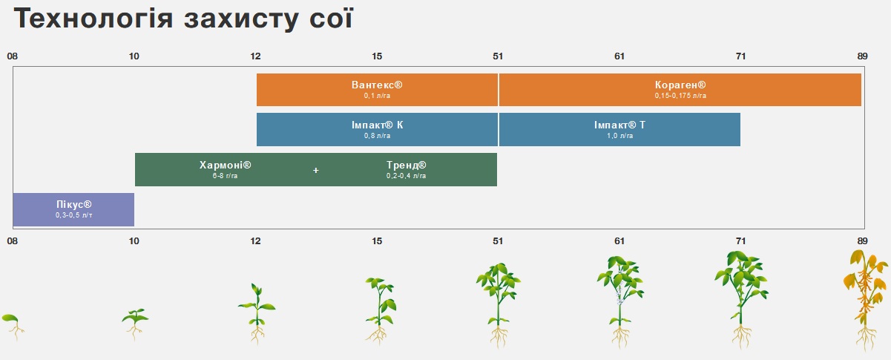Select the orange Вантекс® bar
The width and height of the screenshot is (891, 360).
[x=377, y=90]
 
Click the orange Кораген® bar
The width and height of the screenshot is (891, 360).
[x=680, y=90]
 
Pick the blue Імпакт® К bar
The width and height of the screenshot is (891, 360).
[x=377, y=130]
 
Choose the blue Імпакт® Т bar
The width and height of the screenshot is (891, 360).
[x=619, y=130]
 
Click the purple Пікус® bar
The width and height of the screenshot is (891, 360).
[x=73, y=209]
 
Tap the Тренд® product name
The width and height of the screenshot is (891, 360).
[x=407, y=165]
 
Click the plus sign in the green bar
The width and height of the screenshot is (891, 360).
[x=316, y=171]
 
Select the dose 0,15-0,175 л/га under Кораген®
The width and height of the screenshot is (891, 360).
[x=680, y=96]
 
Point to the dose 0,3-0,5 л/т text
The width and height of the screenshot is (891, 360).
[x=73, y=215]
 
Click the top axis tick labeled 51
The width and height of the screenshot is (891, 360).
[x=498, y=56]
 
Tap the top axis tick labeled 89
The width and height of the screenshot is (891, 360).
[x=862, y=56]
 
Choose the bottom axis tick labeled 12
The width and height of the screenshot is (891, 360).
[x=256, y=240]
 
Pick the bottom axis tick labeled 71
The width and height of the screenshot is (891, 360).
[x=740, y=240]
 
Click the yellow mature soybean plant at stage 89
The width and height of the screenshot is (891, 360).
[x=864, y=297]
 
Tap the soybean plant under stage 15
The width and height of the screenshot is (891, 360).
[x=379, y=308]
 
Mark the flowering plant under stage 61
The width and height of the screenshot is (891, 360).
[x=619, y=297]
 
